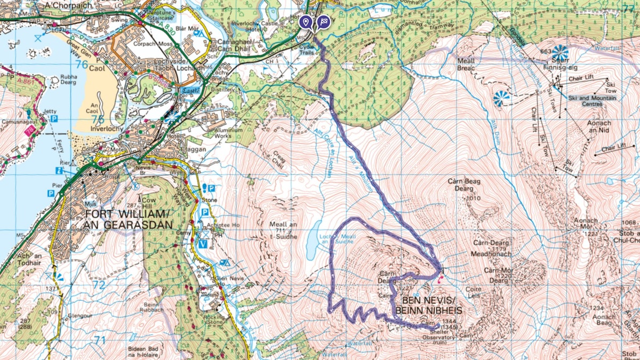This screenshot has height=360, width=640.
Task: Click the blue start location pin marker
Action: pyautogui.click(x=305, y=21)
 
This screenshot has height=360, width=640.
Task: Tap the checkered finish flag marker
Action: pyautogui.click(x=323, y=22)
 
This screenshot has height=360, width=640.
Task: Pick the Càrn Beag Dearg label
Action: pyautogui.click(x=465, y=185)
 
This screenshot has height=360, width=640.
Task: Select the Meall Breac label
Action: pyautogui.click(x=466, y=64)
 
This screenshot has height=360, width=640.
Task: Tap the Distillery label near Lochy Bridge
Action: pyautogui.click(x=223, y=90)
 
